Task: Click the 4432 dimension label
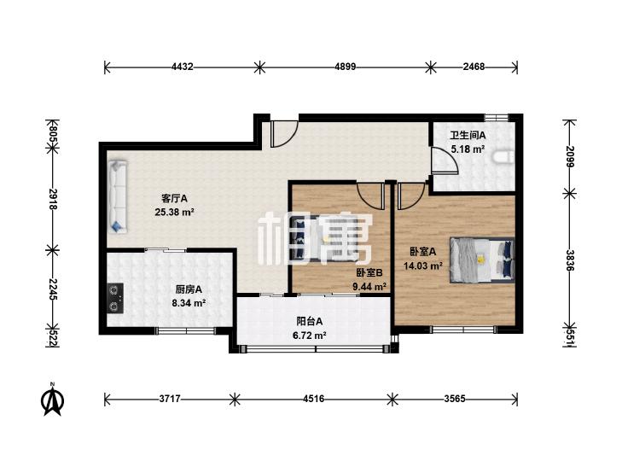point(183,67)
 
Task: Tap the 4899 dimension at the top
point(345,67)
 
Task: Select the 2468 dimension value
point(474,67)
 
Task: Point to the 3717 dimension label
point(170,399)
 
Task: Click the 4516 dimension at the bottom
point(313,399)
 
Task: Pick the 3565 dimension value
point(454,399)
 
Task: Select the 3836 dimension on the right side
point(570,260)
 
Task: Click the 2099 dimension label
point(570,157)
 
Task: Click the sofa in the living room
point(118,196)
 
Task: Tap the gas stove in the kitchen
point(115,298)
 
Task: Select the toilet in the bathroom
point(503,157)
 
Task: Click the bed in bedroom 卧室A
point(482,260)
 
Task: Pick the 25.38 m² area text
point(174,213)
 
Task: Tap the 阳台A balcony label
point(310,321)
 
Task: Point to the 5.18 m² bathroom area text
point(468,149)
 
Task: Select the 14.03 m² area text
point(423,266)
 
